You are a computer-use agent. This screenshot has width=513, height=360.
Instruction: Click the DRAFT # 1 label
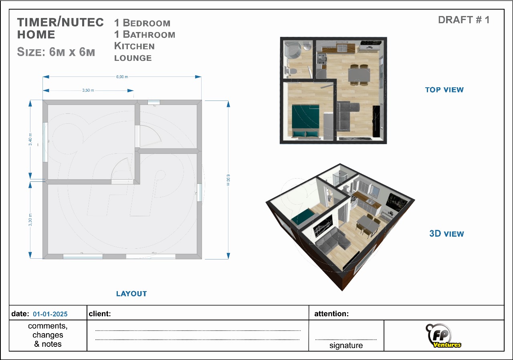click(464, 20)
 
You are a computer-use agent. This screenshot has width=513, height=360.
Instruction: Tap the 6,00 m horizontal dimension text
click(122, 76)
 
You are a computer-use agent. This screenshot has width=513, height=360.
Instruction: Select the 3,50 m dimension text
click(88, 91)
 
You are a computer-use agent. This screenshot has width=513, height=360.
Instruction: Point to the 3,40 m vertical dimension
click(30, 139)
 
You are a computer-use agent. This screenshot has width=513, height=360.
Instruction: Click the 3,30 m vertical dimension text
click(30, 219)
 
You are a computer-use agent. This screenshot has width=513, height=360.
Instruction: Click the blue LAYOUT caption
click(131, 294)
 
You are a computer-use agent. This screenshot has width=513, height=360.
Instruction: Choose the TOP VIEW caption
click(444, 90)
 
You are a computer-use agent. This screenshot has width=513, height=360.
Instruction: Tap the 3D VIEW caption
click(446, 234)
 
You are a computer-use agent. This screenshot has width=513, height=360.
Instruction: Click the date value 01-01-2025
click(50, 314)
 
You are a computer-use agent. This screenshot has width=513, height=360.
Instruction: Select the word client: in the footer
click(100, 314)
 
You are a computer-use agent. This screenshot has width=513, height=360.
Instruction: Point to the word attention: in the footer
click(331, 314)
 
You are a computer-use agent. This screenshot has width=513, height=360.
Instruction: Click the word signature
click(346, 345)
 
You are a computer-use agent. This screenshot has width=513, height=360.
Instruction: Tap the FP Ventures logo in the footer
click(443, 336)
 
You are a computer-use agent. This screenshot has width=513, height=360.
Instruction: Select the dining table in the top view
click(359, 75)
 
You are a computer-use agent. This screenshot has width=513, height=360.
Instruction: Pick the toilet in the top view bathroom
click(291, 71)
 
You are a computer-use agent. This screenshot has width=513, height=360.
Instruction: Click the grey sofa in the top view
click(346, 116)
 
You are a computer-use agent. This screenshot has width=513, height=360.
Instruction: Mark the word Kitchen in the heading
click(134, 46)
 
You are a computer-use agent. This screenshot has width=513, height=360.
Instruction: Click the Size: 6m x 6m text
click(56, 52)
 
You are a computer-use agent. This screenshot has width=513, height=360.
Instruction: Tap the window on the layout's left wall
click(45, 142)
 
